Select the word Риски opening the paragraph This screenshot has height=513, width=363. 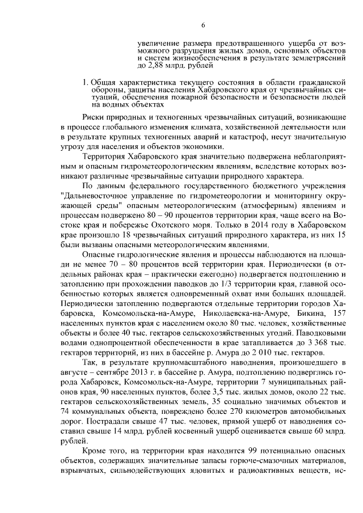point(93,117)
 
